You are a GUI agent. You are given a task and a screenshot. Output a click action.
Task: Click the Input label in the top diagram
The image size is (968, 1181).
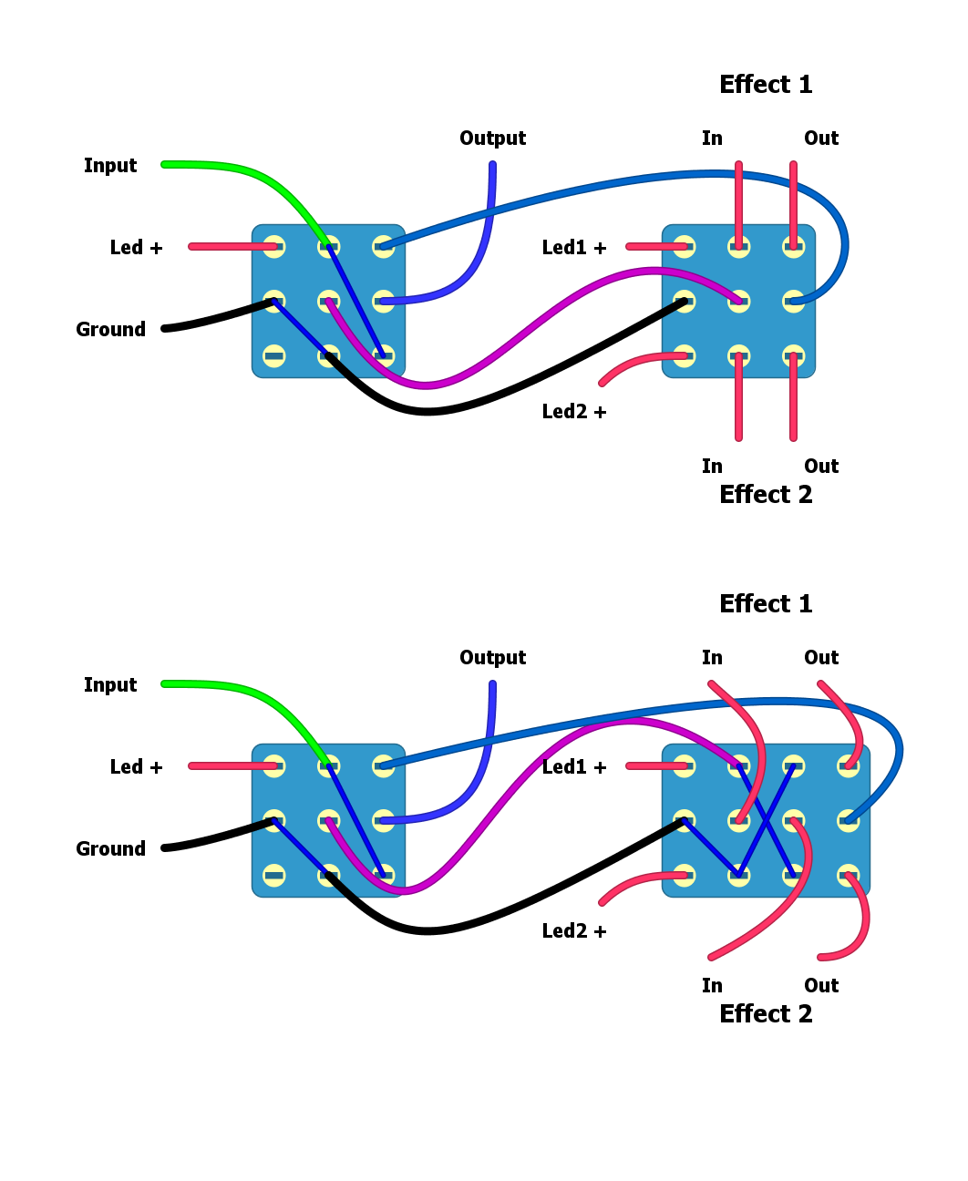pyautogui.click(x=110, y=166)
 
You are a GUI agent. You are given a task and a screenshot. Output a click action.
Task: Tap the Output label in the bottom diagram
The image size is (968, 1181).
pyautogui.click(x=492, y=658)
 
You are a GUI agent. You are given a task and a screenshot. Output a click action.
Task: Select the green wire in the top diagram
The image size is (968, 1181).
pyautogui.click(x=237, y=169)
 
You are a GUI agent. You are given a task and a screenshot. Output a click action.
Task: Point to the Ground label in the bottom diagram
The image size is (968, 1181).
pyautogui.click(x=110, y=849)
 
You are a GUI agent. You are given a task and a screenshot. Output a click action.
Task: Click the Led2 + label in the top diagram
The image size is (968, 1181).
pyautogui.click(x=574, y=412)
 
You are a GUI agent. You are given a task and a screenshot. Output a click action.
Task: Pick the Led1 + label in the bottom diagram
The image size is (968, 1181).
pyautogui.click(x=574, y=767)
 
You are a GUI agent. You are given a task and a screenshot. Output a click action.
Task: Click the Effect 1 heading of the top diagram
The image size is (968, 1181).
pyautogui.click(x=766, y=85)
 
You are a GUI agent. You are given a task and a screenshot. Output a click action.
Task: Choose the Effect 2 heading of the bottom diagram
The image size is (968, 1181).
pyautogui.click(x=766, y=1014)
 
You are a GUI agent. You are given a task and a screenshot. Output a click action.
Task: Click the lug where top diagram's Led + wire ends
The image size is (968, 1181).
pyautogui.click(x=273, y=247)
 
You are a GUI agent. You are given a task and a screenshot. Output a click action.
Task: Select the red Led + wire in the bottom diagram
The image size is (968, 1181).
pyautogui.click(x=228, y=766)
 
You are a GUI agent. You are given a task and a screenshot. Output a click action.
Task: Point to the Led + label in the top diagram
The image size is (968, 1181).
pyautogui.click(x=136, y=248)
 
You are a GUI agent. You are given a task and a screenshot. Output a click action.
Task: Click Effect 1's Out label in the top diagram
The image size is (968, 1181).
pyautogui.click(x=820, y=139)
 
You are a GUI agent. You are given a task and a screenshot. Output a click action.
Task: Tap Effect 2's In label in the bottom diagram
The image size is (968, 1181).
pyautogui.click(x=712, y=986)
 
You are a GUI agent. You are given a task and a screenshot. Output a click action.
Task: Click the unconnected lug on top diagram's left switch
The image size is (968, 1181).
pyautogui.click(x=273, y=356)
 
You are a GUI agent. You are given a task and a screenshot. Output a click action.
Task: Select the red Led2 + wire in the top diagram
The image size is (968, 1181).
pyautogui.click(x=629, y=363)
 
